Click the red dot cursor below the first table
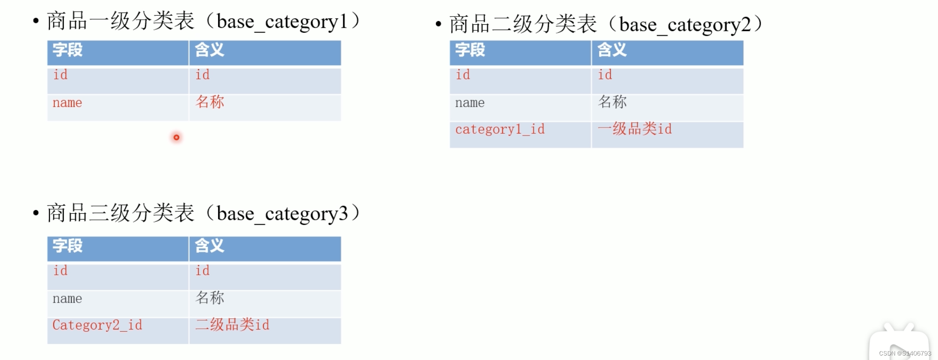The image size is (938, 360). tap(176, 137)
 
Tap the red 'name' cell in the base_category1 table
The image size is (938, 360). tap(67, 103)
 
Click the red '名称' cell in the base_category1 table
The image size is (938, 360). tap(210, 102)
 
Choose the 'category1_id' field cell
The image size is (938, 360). tap(500, 130)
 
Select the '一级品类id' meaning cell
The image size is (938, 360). tap(635, 129)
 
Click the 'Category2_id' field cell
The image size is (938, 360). tap(97, 325)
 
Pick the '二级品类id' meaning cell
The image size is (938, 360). tap(232, 325)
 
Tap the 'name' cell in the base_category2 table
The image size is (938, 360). tap(469, 103)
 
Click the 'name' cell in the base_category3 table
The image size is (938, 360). tap(67, 299)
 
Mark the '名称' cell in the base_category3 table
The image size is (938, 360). tap(210, 298)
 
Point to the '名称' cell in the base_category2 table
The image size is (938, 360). tap(612, 102)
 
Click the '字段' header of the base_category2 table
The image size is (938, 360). tap(470, 50)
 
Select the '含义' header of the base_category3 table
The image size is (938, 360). tap(209, 246)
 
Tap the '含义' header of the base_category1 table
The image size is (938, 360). tap(209, 50)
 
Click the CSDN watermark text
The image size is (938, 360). tap(905, 354)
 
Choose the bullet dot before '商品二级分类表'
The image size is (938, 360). tap(438, 25)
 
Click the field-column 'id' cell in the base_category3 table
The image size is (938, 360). tap(60, 271)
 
